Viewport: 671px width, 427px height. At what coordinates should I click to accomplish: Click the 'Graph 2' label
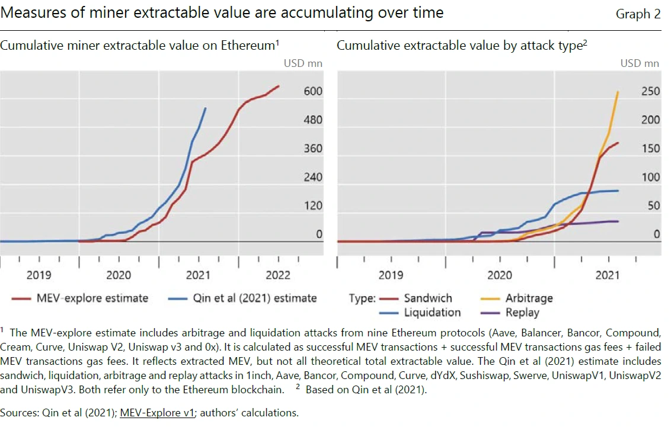(x=638, y=14)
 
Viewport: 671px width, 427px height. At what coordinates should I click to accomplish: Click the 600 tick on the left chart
(x=313, y=91)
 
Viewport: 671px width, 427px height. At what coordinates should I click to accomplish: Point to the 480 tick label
(x=313, y=120)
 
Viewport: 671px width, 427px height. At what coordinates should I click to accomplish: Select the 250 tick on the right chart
(x=650, y=91)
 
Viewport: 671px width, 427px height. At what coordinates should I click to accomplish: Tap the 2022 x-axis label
(x=278, y=275)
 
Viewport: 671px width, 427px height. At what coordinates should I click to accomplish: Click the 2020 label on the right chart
(x=499, y=275)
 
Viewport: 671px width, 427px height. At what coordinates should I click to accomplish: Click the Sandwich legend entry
(x=427, y=298)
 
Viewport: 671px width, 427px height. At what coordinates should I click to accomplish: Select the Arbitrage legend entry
(x=529, y=298)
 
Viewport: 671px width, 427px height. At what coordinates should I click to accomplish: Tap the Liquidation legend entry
(x=432, y=312)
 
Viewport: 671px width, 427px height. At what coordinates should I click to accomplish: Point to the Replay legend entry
(x=522, y=312)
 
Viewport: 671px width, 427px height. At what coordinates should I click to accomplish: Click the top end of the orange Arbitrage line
(x=618, y=92)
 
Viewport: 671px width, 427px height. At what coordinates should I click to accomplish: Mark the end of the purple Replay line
(x=618, y=221)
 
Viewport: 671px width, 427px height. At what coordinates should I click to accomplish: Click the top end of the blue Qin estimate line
(x=206, y=108)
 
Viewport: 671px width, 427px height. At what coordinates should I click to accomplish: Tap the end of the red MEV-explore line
(x=279, y=86)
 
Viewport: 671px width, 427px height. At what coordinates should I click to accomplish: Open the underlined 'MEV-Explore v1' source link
(x=157, y=413)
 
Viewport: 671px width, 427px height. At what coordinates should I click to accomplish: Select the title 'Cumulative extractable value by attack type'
(x=459, y=46)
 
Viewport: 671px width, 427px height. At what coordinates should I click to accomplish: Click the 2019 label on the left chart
(x=39, y=275)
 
